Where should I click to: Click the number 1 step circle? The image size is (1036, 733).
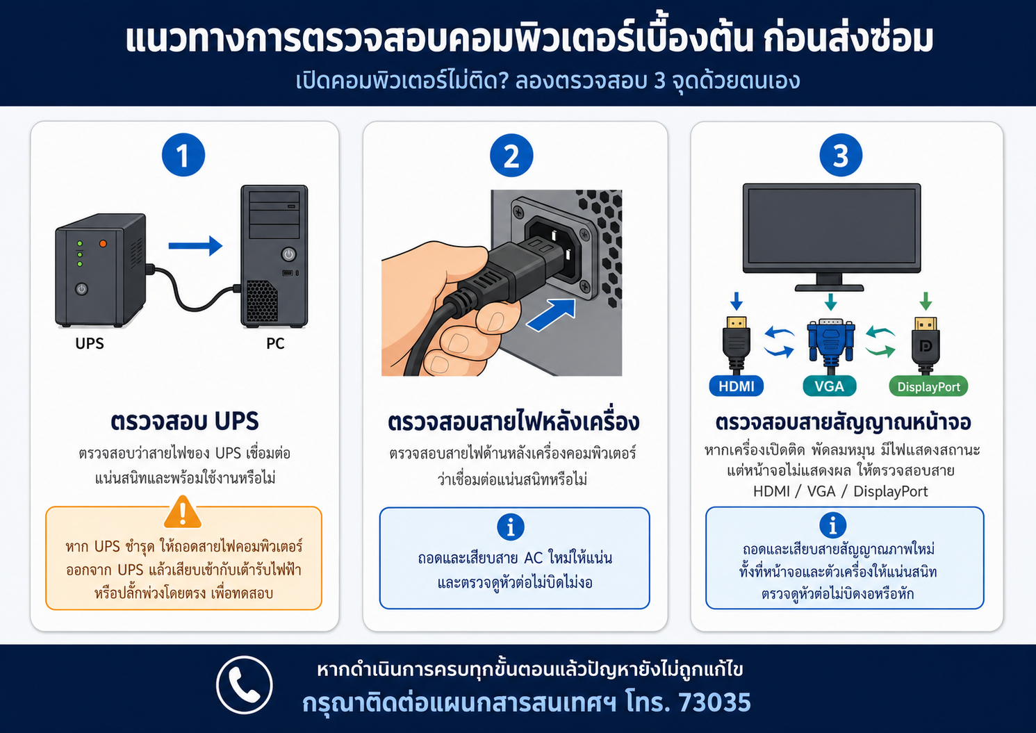[x=183, y=155]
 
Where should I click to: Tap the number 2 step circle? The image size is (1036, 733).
[x=511, y=156]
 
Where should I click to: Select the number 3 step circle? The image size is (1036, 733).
[x=840, y=156]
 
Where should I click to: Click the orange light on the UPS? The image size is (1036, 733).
[x=103, y=244]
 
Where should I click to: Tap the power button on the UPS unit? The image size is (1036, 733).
[x=81, y=289]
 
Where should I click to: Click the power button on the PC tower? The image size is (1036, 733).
[x=288, y=254]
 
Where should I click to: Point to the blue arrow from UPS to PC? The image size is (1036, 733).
[x=195, y=245]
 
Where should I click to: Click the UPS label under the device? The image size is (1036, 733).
[x=90, y=344]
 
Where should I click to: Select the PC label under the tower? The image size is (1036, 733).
[x=275, y=344]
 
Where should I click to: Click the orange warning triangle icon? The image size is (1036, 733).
[x=183, y=512]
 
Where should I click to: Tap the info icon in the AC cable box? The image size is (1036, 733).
[x=511, y=527]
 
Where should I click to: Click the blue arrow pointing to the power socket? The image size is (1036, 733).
[x=551, y=315]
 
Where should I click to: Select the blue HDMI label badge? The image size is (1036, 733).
[x=737, y=386]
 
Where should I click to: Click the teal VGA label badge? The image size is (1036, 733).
[x=829, y=386]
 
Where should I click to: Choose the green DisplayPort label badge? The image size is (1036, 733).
[x=929, y=386]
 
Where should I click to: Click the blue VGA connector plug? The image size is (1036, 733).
[x=830, y=340]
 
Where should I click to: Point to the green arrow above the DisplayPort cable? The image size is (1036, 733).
[x=926, y=301]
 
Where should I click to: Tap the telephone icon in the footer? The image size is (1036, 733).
[x=244, y=685]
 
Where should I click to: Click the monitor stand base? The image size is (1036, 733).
[x=829, y=288]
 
